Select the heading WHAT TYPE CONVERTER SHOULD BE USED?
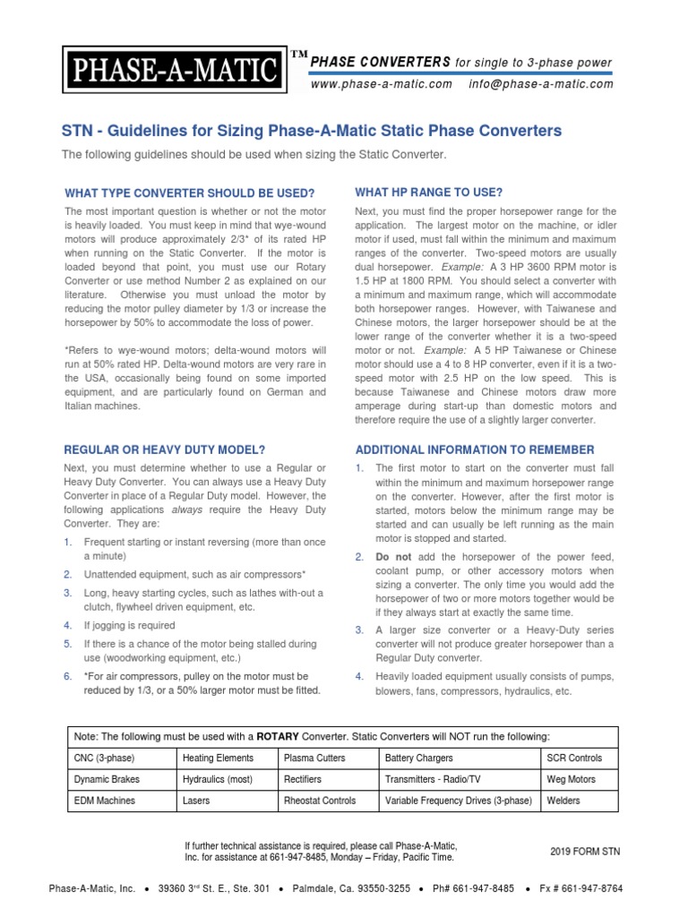(190, 193)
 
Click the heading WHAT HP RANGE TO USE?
(428, 193)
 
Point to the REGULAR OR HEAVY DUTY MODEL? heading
(165, 449)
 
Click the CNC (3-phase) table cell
(104, 758)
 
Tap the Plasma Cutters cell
(314, 758)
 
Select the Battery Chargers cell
(419, 758)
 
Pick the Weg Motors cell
(571, 779)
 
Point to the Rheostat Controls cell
(319, 801)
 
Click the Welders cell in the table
(563, 801)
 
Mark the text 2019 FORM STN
(584, 852)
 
